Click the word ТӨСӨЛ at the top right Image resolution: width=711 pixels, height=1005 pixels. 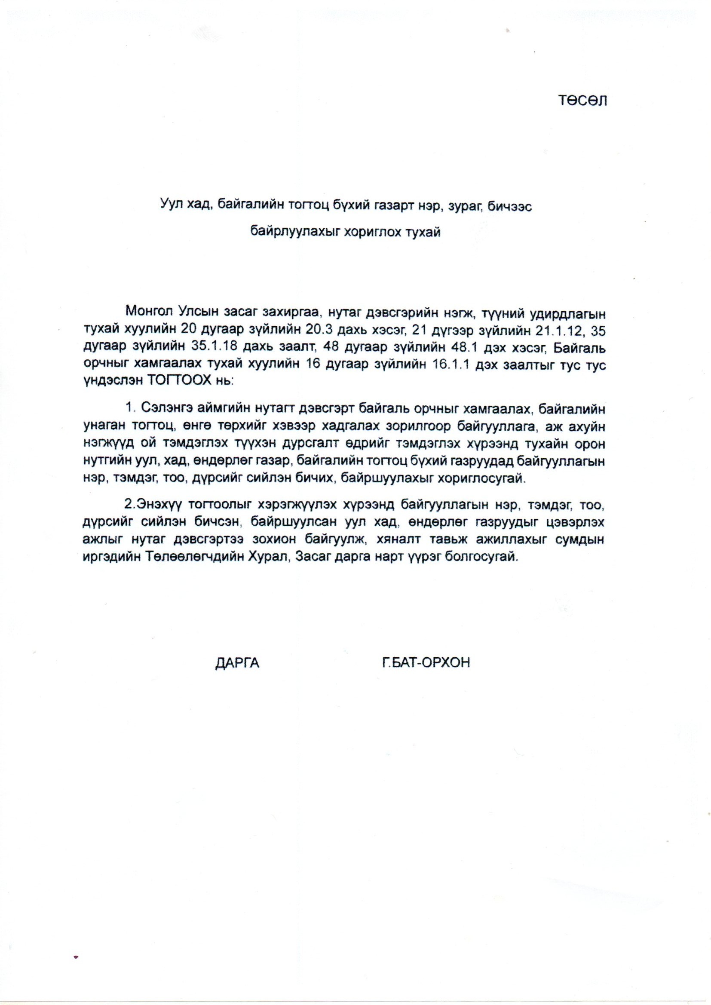coord(582,101)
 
